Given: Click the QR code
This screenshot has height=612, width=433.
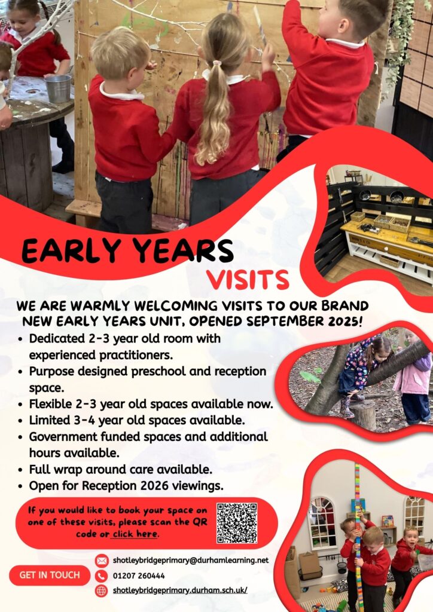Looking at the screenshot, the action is tap(237, 523).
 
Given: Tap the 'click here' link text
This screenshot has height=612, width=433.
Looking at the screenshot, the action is tap(135, 534).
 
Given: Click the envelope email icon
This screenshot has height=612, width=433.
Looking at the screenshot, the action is tap(102, 561).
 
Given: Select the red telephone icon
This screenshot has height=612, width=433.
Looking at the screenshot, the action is tap(102, 576).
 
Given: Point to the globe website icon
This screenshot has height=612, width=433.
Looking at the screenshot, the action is tap(102, 590).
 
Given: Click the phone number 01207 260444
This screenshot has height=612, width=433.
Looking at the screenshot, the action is tap(139, 576).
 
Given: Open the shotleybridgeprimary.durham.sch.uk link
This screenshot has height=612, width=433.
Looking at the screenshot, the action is tap(180, 590).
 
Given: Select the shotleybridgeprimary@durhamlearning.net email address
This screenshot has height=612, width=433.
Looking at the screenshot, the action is tap(191, 560).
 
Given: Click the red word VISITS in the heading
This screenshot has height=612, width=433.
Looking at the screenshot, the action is tap(248, 280).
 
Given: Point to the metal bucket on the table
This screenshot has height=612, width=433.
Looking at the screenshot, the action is tap(58, 88).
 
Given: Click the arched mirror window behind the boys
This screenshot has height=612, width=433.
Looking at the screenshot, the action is tap(322, 522).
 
